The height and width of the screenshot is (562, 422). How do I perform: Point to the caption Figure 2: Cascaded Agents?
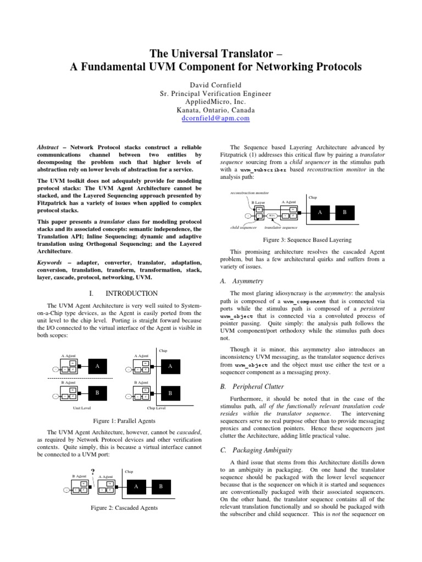124,508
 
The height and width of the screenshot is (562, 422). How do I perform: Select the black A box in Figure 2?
136,486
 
